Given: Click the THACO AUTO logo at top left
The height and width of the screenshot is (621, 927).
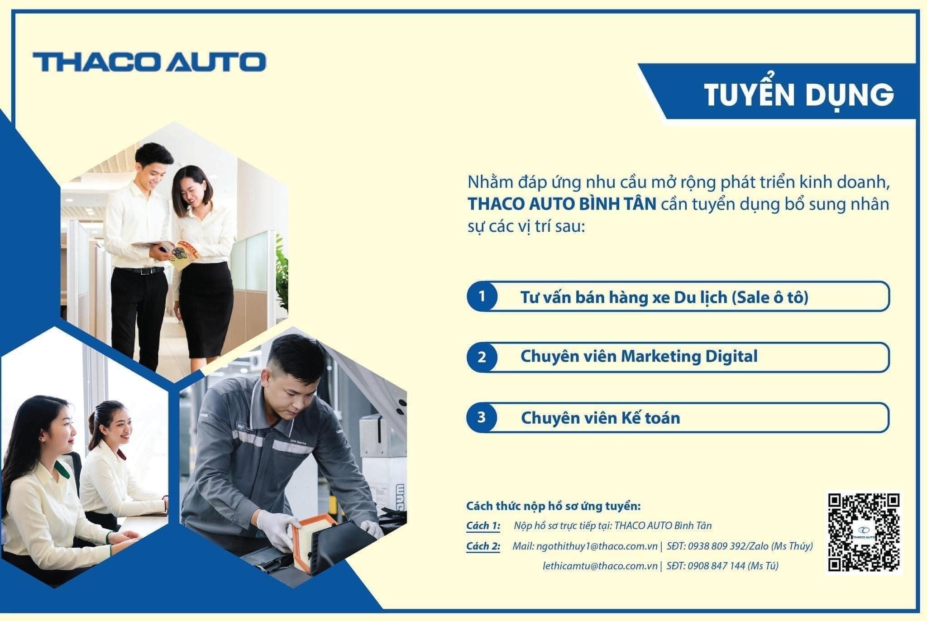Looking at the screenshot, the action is coord(149,62).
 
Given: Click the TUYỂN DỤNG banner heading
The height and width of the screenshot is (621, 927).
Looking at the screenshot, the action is coord(799,95).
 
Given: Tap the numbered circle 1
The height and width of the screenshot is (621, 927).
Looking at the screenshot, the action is coord(482,296).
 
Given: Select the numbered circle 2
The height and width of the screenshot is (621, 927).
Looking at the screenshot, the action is coord(482,357).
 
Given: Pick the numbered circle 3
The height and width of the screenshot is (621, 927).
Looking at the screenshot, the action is coord(482,417).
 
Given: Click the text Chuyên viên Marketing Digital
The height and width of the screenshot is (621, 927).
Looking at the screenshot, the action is coord(639,357).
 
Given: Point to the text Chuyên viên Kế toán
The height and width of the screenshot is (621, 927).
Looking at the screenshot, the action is coord(600,417).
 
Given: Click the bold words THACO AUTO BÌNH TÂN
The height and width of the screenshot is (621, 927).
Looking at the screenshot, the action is coord(562,204).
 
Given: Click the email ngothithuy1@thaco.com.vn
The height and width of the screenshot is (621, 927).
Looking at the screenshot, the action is coord(597,546).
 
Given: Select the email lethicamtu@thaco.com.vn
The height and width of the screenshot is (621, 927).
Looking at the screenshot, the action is coord(600,566).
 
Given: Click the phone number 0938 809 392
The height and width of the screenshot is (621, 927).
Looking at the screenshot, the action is coord(717,546).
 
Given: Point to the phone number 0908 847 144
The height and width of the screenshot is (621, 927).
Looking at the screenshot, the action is coord(717,566).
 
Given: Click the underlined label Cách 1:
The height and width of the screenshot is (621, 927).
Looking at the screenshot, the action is coord(483,526).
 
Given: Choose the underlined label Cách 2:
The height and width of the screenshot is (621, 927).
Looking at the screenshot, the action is coord(483,546).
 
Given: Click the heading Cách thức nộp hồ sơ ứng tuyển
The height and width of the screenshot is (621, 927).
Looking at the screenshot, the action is coord(554,506).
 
